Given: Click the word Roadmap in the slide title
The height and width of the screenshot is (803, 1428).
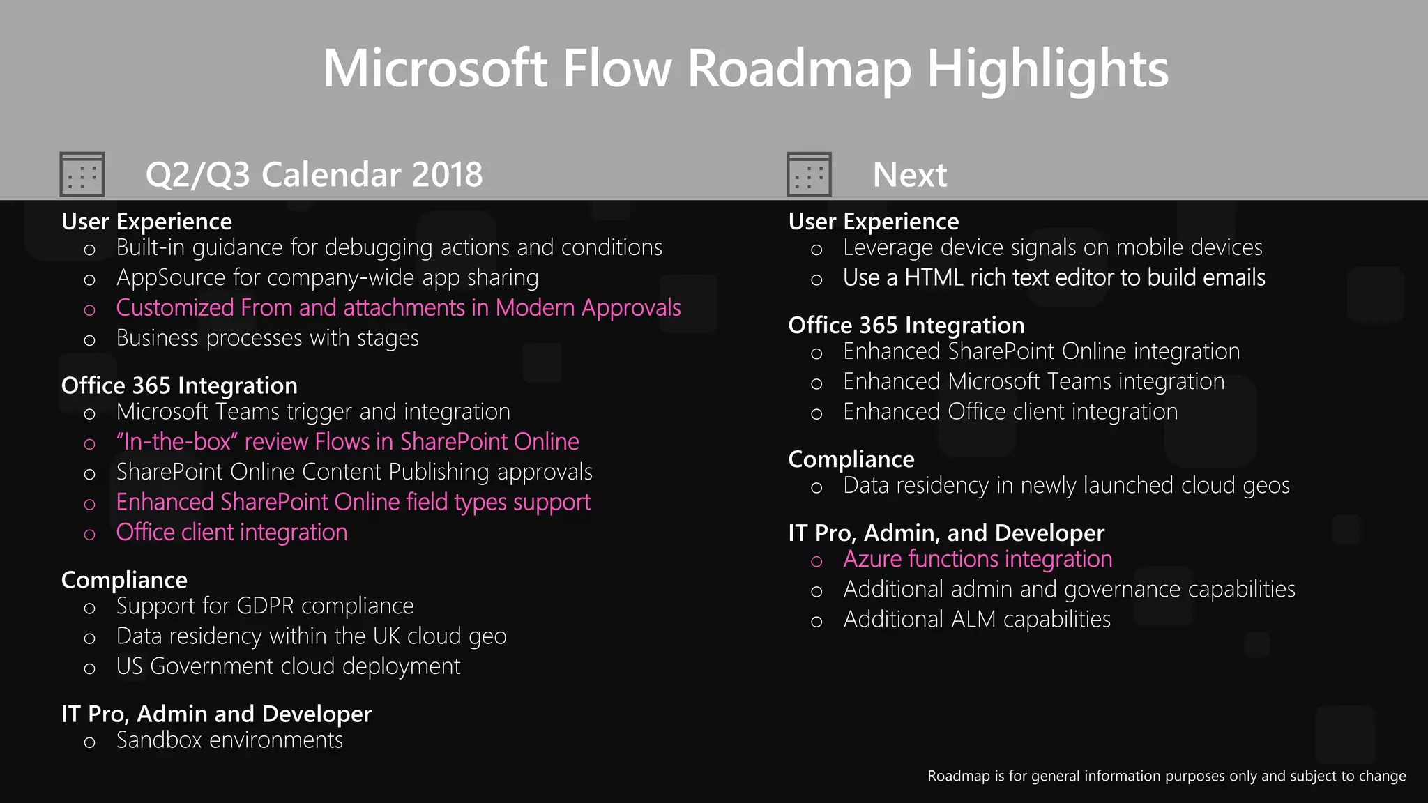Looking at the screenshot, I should point(799,70).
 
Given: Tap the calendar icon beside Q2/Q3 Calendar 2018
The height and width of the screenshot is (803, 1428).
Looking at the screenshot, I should point(82,174).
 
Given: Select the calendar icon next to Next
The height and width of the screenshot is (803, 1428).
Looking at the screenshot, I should point(809,174).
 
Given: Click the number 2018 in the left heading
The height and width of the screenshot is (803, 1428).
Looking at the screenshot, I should point(447,174).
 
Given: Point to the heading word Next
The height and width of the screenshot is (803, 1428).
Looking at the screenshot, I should point(910,174).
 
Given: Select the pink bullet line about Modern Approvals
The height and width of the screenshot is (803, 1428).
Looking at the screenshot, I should point(398,307).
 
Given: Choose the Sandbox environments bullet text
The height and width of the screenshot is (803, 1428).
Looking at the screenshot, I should point(229,740).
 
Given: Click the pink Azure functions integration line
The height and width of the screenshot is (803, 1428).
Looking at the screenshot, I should point(978,559).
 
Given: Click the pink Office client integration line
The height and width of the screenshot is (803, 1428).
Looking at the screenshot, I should point(231,533).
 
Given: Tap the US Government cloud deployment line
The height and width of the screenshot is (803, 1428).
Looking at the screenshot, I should point(288,666).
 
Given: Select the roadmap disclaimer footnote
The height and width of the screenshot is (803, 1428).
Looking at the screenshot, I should point(1166,776).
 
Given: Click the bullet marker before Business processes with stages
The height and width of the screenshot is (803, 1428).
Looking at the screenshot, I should point(89,340).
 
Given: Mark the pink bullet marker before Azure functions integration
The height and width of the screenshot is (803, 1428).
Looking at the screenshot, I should point(816,561).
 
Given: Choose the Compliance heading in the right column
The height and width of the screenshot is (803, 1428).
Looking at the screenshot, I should point(851,459).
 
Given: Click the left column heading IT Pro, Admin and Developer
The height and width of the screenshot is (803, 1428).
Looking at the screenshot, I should point(216,714).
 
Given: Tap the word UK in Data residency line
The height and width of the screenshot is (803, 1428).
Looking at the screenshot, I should point(386,636).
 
